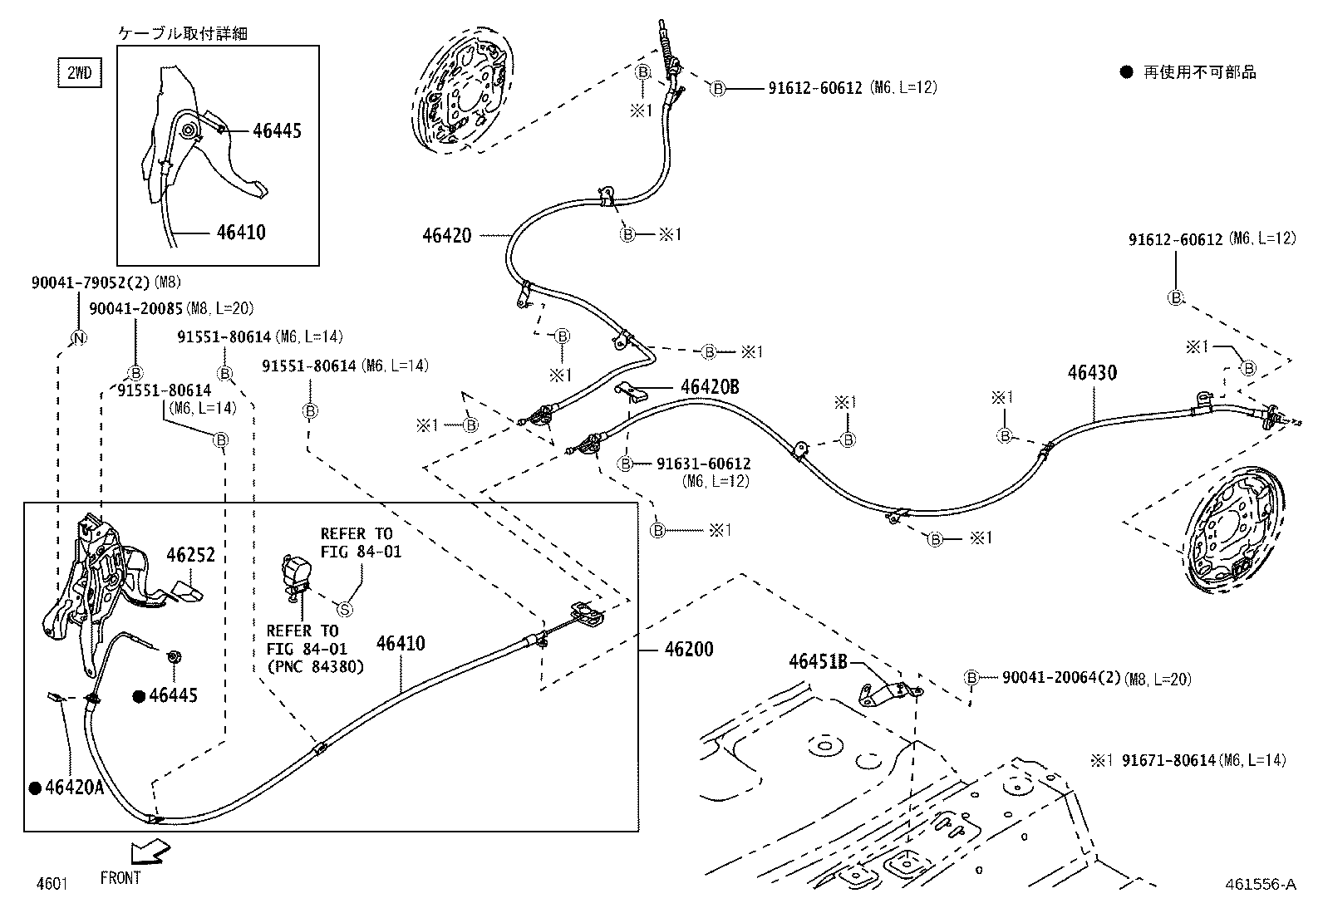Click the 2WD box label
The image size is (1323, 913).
click(79, 73)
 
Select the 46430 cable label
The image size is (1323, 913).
click(1092, 373)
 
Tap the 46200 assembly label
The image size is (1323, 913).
click(688, 649)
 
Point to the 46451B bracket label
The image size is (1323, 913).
click(818, 661)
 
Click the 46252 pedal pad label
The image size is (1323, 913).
click(190, 555)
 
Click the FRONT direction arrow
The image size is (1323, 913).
click(150, 852)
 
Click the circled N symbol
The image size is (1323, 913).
click(78, 338)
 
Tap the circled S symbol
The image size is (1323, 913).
click(345, 609)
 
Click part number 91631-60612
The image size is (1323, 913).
click(703, 464)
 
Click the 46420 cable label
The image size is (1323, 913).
click(446, 235)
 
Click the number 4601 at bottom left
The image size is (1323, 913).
click(51, 883)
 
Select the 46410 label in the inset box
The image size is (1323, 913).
click(241, 232)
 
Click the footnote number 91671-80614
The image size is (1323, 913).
click(1168, 760)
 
